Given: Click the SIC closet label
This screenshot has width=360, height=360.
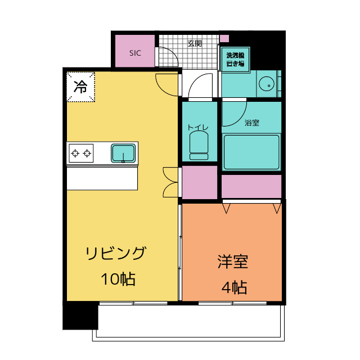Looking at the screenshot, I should (135, 53).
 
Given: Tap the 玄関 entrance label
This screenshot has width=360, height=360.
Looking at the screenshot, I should (195, 43).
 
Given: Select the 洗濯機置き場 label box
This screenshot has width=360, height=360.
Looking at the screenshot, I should (235, 60).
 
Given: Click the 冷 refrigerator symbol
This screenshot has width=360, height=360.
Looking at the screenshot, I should (80, 87).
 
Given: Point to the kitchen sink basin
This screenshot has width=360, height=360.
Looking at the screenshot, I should (123, 153).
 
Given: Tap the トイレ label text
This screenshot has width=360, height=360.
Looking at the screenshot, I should (198, 128).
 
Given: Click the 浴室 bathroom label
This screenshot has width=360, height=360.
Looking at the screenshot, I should (252, 122).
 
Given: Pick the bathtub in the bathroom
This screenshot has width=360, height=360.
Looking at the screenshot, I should (251, 151).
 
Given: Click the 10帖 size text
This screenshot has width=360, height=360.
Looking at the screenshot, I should (118, 278).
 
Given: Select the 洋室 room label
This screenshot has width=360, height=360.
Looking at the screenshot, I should (233, 262).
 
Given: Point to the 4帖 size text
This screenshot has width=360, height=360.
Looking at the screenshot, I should (234, 288).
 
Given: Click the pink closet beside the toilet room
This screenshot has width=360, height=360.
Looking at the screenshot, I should (199, 182).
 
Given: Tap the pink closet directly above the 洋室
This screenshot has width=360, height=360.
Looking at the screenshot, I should (251, 187).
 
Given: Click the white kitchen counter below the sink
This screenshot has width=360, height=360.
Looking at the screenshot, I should (102, 179).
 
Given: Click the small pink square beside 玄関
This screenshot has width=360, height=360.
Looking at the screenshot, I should (224, 39).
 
